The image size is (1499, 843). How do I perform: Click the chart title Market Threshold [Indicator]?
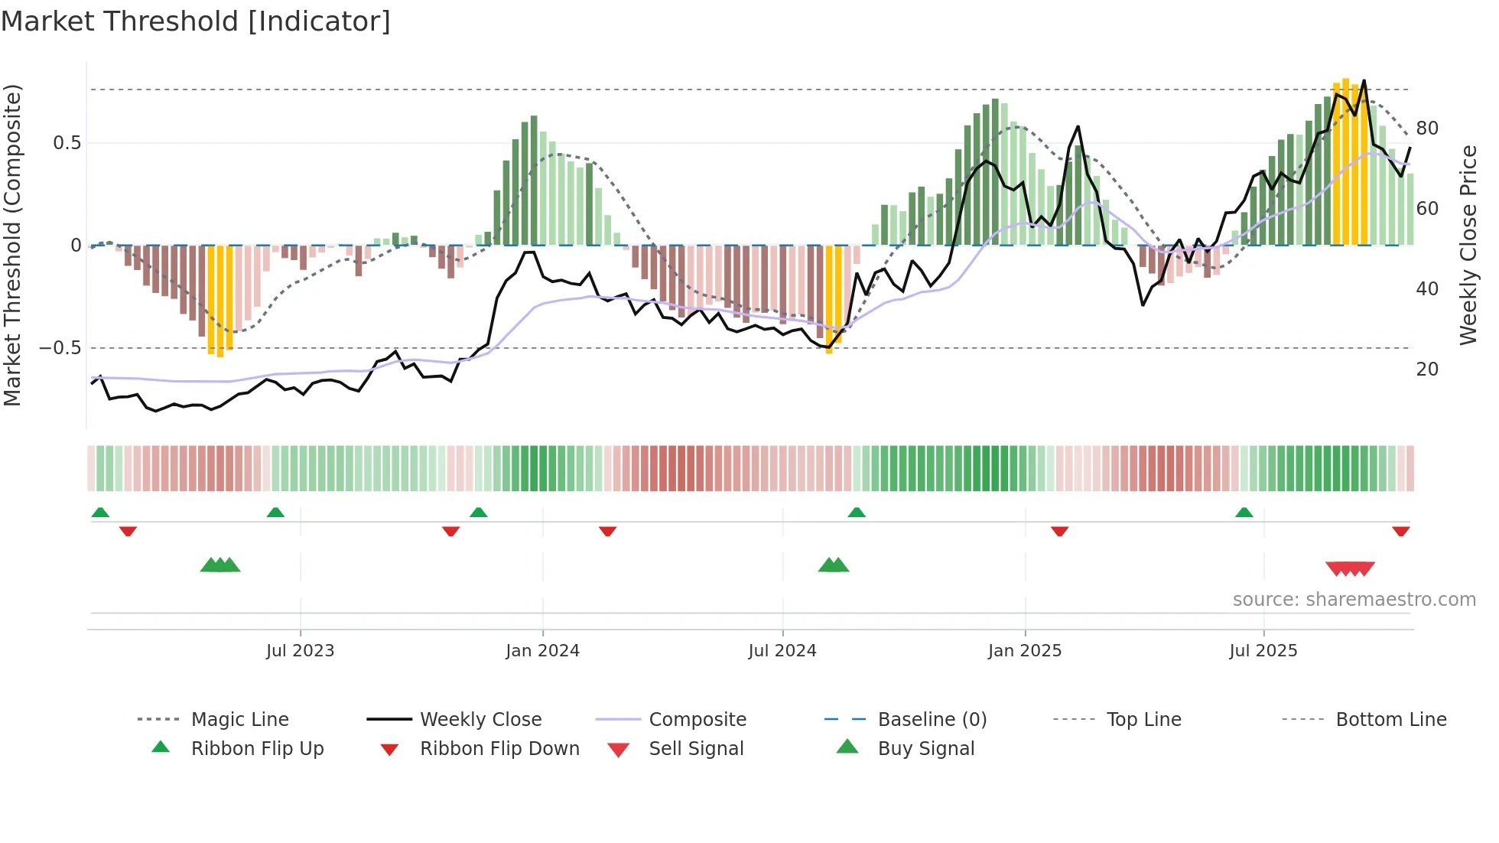(196, 21)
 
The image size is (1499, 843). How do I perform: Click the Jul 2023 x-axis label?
(300, 651)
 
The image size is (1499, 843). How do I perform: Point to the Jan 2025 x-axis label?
(1024, 651)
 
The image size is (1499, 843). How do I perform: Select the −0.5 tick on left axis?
(60, 348)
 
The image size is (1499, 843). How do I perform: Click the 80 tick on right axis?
(1427, 129)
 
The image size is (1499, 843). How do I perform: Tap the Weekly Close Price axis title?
(1468, 245)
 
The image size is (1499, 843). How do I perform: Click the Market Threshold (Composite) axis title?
(12, 245)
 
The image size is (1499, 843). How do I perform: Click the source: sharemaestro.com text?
(1354, 600)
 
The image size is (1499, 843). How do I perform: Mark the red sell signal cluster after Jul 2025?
(1350, 568)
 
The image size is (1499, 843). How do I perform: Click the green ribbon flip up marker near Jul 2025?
(1244, 513)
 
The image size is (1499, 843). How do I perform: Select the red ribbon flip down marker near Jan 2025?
(1059, 531)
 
